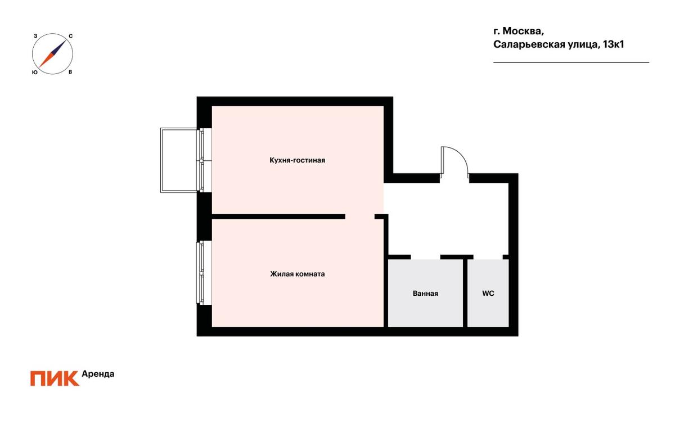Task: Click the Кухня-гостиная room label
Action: pos(297,160)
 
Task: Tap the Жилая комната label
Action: pos(297,274)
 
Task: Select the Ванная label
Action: pos(425,293)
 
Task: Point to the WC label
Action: pos(488,293)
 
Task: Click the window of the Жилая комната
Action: pos(200,273)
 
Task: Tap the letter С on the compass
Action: pos(70,36)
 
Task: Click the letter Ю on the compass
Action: pos(35,73)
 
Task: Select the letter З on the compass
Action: pos(35,36)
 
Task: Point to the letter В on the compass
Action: pos(70,73)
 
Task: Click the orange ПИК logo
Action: pos(55,378)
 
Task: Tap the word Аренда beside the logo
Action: pos(98,374)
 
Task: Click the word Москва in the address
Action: pos(523,31)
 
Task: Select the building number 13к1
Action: pos(613,44)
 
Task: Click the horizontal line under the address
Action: pos(571,62)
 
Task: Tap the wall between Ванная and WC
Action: pos(465,293)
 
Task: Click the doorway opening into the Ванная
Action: pos(425,257)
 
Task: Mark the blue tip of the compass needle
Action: pos(66,40)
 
